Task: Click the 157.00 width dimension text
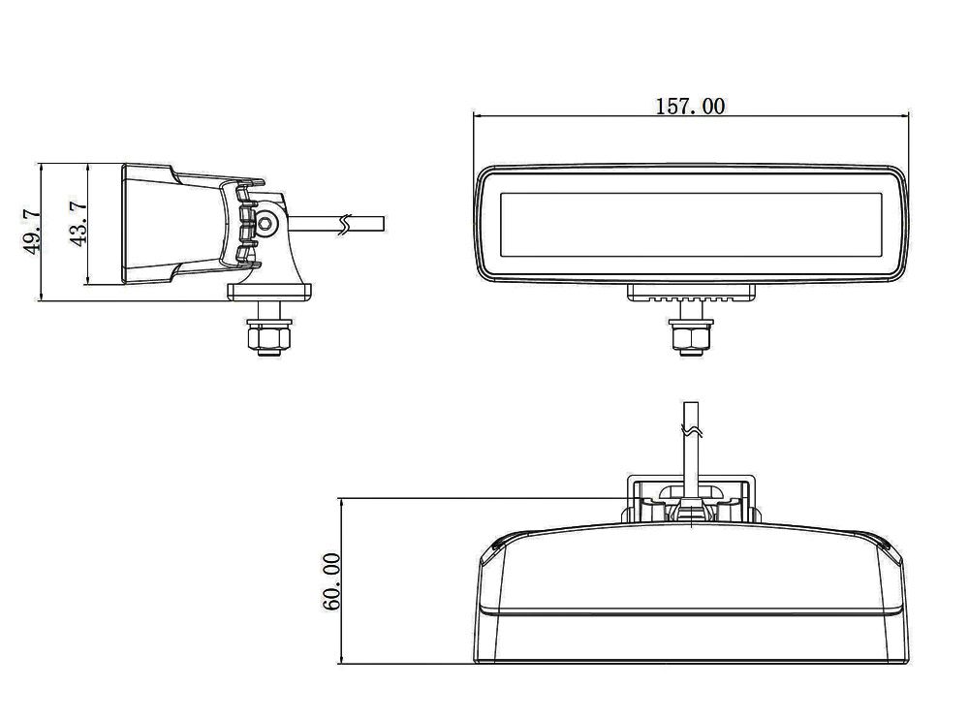point(690,106)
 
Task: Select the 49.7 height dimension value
point(33,232)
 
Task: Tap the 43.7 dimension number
point(79,222)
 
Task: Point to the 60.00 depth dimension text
point(331,580)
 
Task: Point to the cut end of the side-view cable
point(383,224)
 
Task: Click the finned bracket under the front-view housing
point(691,294)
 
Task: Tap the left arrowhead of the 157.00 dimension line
point(477,115)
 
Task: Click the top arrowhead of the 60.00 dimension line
point(340,501)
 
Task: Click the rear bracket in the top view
point(691,499)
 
